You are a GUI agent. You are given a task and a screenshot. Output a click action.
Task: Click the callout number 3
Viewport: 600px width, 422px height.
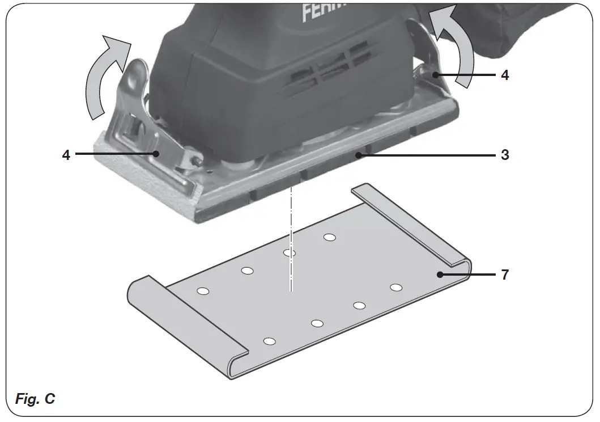coord(505,154)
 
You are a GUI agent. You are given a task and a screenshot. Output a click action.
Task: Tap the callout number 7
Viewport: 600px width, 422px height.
coord(505,275)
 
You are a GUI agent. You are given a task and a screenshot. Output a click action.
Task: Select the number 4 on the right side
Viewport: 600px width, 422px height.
coord(505,75)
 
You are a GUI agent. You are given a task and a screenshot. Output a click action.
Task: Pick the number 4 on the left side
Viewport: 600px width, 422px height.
coord(66,154)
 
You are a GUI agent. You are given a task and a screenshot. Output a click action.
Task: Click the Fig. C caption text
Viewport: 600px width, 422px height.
coord(35,399)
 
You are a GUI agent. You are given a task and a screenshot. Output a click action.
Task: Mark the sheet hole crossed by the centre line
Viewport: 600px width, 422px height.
coord(290,252)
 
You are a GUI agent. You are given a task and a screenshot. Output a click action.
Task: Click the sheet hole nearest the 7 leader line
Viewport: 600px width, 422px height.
coord(396,288)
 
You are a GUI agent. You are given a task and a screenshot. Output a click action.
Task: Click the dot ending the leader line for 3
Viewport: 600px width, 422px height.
coord(358,154)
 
